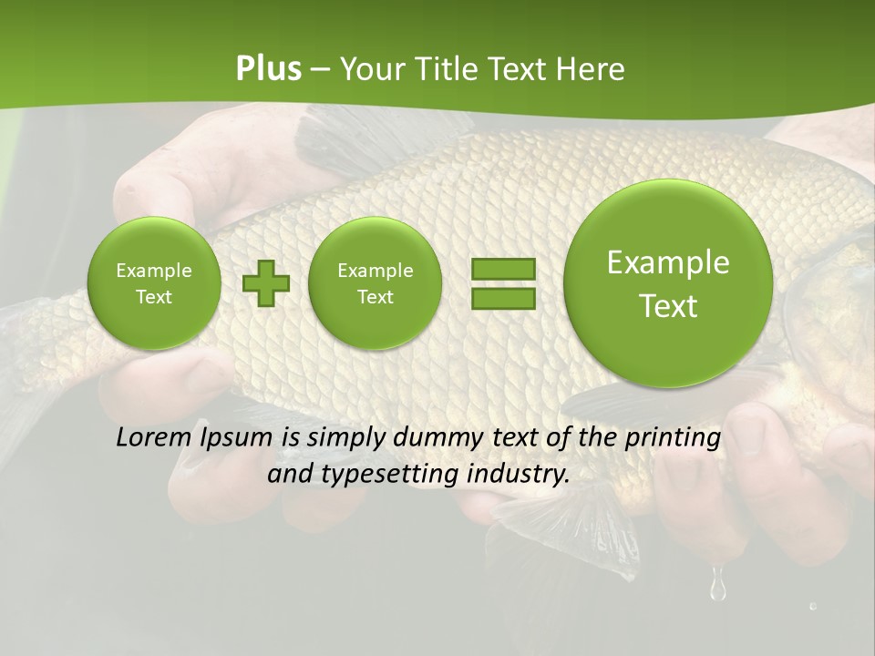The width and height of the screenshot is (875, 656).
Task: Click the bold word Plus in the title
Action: coord(269,69)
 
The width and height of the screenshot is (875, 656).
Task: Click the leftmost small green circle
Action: coord(153,283)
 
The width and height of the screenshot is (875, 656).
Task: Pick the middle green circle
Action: coord(375,283)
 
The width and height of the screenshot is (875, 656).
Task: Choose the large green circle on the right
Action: coord(668,283)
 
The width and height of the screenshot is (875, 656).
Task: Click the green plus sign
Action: coord(266,283)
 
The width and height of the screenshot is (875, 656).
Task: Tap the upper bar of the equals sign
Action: coord(503,269)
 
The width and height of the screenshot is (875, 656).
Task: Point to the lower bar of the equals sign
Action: coord(503,299)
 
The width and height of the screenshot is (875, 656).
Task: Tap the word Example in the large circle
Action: coord(668,262)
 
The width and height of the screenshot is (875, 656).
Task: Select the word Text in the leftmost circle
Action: coord(153,297)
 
